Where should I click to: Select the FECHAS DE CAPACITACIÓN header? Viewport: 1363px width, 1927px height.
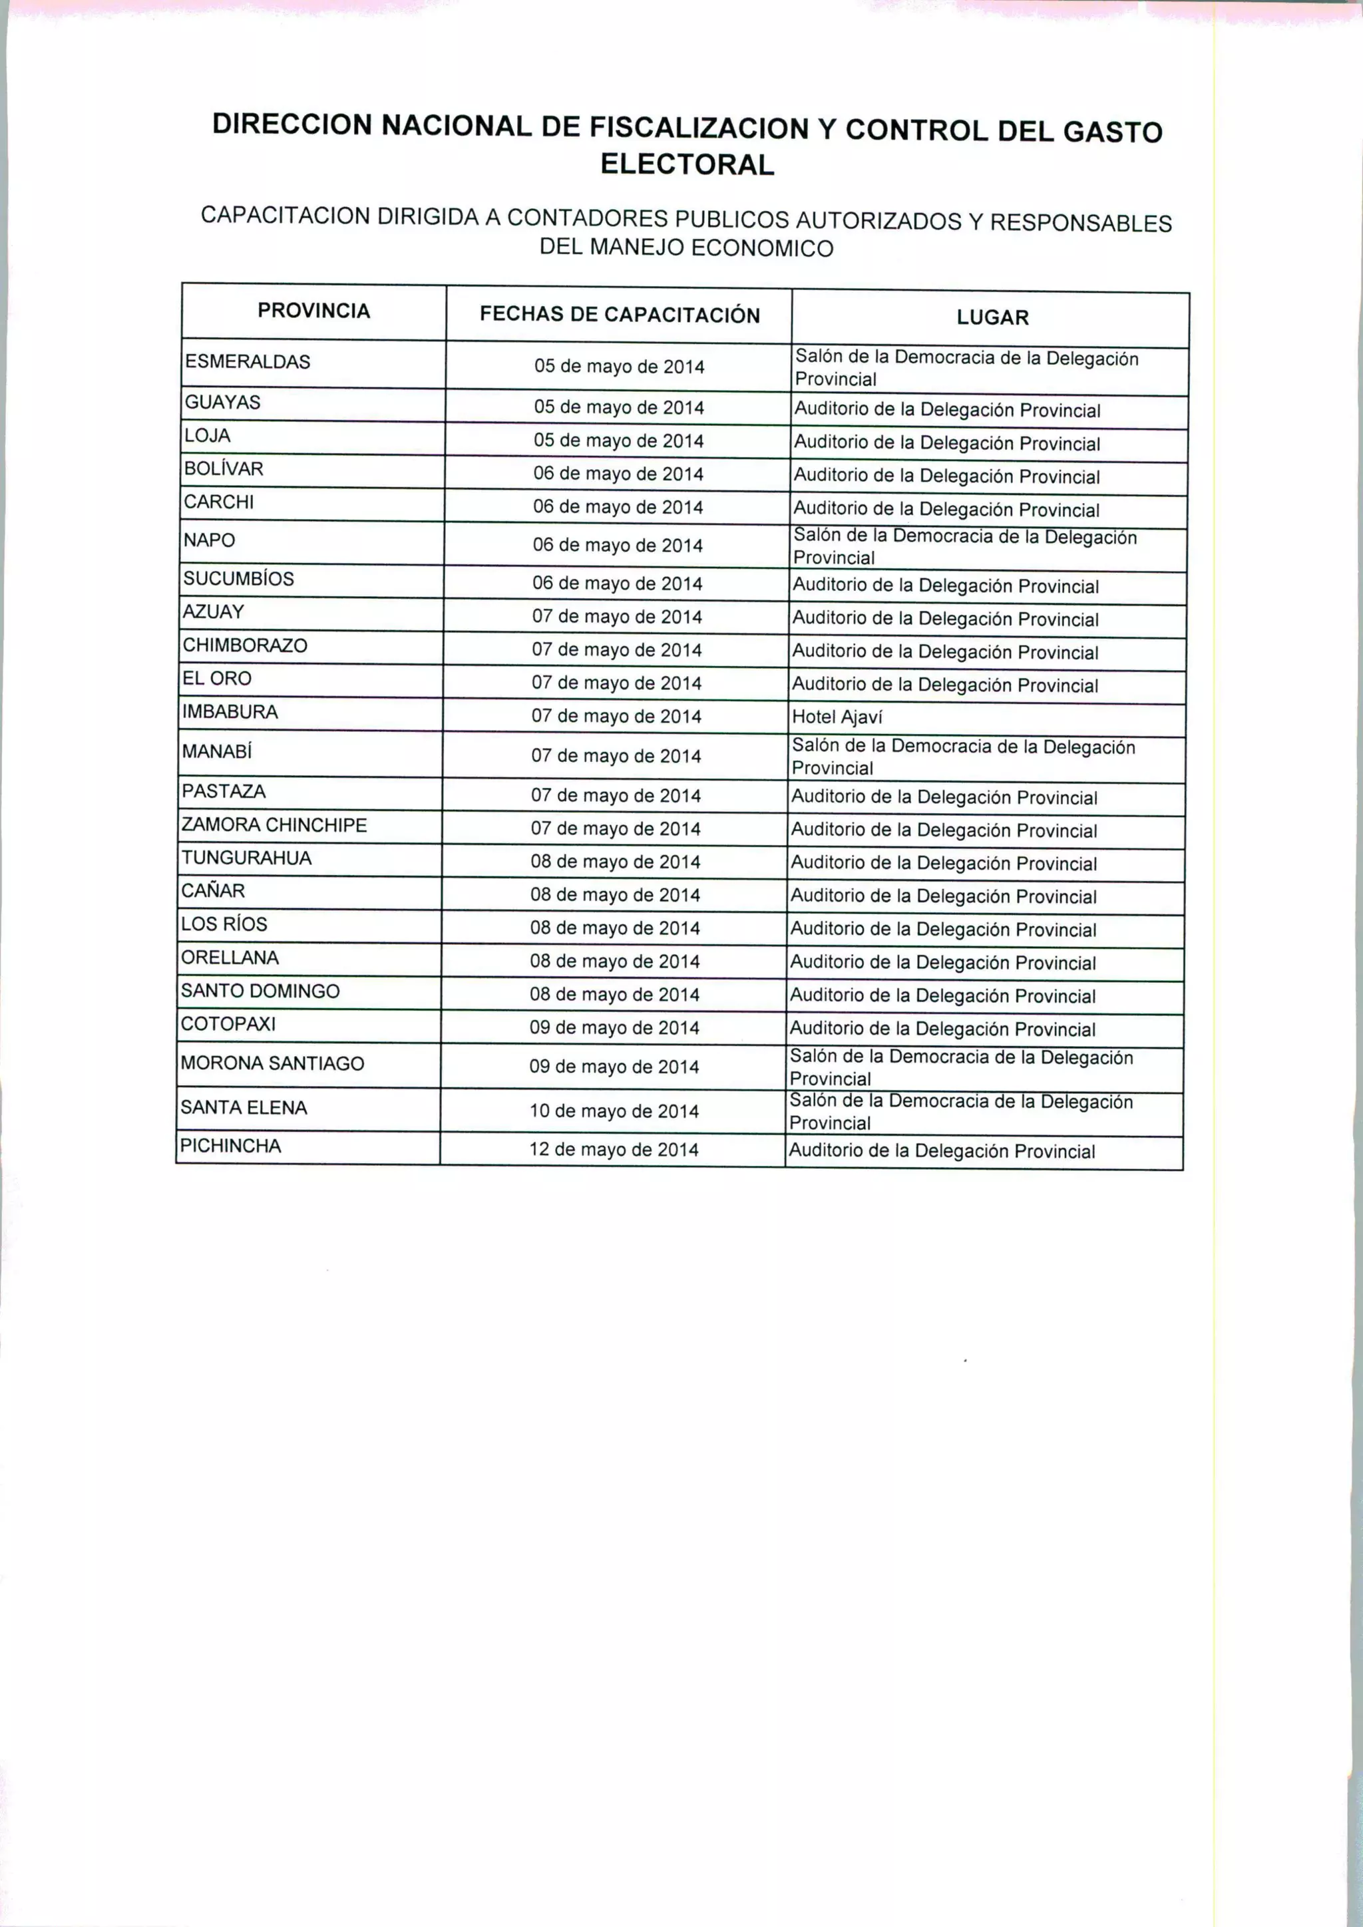click(620, 315)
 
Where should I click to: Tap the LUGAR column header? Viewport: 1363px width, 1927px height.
click(992, 318)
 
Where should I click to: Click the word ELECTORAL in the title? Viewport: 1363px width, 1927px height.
click(687, 164)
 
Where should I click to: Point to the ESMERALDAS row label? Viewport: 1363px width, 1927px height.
click(248, 362)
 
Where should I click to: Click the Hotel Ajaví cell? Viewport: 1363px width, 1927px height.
click(837, 717)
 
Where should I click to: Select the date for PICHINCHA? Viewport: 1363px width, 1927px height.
click(614, 1150)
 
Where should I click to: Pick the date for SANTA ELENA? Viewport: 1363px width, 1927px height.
click(614, 1111)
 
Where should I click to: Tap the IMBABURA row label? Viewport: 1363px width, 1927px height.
click(230, 712)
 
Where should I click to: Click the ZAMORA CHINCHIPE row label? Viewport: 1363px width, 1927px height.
click(274, 825)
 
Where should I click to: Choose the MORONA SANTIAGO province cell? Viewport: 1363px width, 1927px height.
click(272, 1063)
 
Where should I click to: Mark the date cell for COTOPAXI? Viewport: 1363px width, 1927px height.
click(614, 1028)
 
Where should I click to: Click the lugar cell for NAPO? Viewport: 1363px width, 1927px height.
click(964, 547)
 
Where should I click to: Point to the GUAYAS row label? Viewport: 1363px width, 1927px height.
click(222, 402)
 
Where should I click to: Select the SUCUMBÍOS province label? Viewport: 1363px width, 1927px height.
click(238, 579)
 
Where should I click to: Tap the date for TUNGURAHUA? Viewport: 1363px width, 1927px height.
click(615, 862)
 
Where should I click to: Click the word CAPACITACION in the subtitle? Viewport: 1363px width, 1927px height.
click(286, 216)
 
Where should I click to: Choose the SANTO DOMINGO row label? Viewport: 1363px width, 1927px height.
click(260, 991)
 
